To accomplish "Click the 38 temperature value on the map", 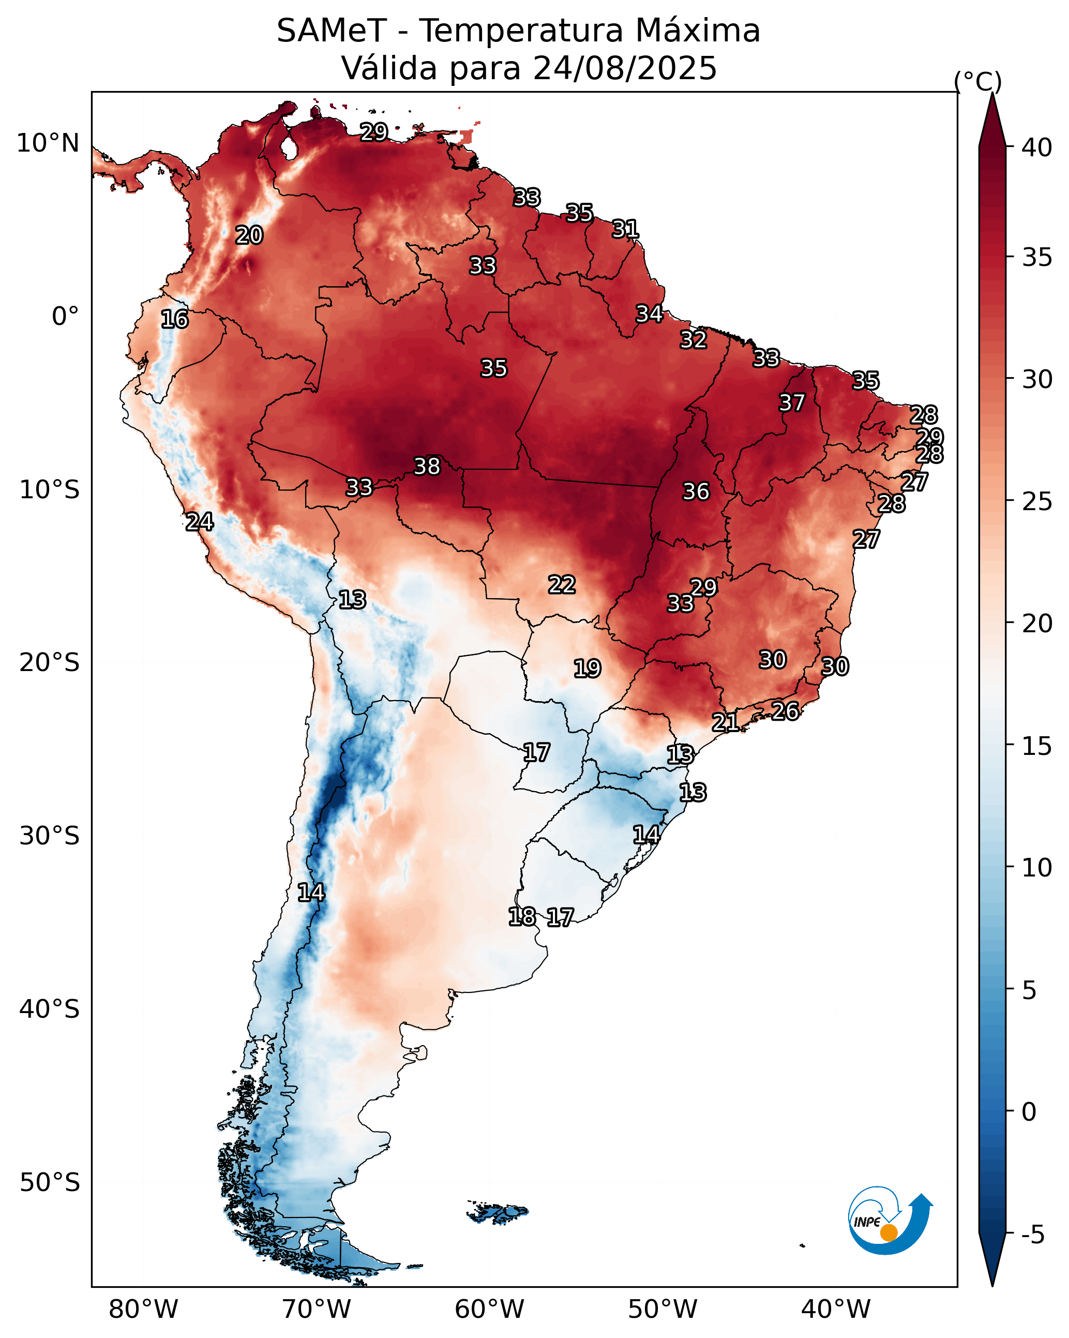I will (x=427, y=466).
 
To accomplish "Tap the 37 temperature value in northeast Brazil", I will (x=792, y=403).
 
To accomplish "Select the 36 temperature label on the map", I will (x=696, y=492).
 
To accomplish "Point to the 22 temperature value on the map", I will (x=562, y=584).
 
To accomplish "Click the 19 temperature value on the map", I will (x=587, y=668).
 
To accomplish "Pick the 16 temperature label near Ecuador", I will (x=174, y=319).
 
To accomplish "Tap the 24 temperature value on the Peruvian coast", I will (x=199, y=522).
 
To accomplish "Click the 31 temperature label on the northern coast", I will (x=625, y=229).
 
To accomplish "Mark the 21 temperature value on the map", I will (x=725, y=722).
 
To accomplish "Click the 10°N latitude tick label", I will (x=48, y=143).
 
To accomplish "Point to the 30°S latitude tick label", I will (x=49, y=836).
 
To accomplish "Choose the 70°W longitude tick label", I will (x=317, y=1309).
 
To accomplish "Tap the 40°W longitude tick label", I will (x=836, y=1309).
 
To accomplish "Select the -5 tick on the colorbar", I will (x=1033, y=1235).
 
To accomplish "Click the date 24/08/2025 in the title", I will (x=624, y=68).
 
